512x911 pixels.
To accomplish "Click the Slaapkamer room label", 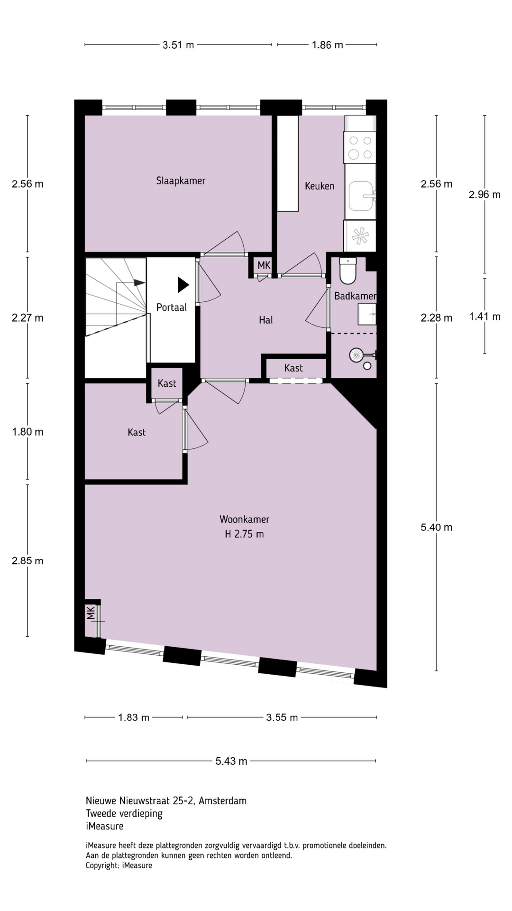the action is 181,181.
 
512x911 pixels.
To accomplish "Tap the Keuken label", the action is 320,186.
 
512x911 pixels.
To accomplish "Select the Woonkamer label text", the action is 244,519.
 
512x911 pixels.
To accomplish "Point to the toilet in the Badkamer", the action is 347,270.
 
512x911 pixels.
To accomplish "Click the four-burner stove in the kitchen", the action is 360,147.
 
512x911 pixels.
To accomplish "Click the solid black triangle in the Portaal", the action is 183,285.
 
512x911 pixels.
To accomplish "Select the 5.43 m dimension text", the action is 231,761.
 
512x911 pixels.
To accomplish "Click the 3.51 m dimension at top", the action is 178,45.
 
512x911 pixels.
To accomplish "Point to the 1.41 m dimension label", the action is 485,316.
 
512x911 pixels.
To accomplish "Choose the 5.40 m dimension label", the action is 436,527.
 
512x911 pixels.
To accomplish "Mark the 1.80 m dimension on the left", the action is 27,432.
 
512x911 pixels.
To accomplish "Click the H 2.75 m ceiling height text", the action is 244,534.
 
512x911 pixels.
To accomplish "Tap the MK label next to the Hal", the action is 264,265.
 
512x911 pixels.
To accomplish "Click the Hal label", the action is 265,320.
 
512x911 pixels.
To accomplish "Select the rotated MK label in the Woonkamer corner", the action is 91,613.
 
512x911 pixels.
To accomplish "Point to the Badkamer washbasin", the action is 367,315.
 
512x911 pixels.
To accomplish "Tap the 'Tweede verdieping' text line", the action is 124,814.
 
